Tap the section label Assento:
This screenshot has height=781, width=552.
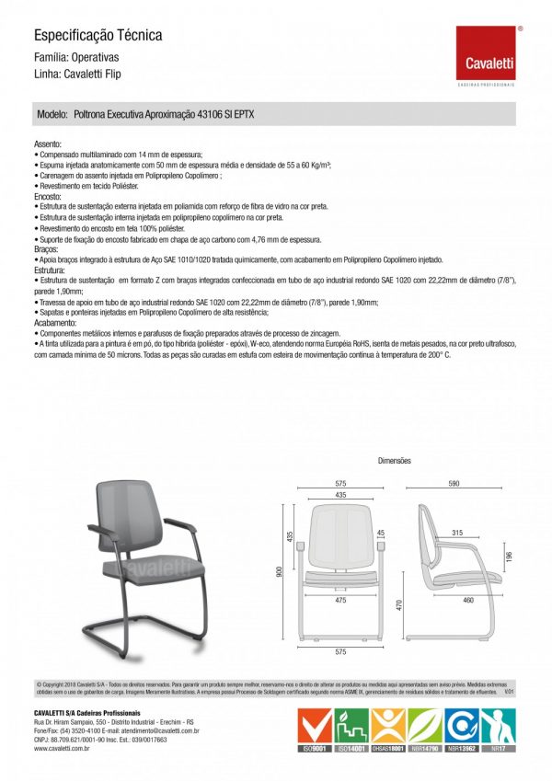[48, 145]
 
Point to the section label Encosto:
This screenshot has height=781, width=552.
[48, 197]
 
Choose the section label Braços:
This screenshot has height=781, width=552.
[46, 248]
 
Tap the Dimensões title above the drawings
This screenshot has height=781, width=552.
[395, 460]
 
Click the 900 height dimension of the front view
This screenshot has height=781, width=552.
[281, 571]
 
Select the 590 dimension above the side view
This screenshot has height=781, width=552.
[454, 482]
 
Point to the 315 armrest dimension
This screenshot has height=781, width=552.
[456, 534]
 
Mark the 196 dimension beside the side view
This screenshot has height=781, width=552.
[508, 558]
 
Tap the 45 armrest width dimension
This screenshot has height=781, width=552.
[380, 533]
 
